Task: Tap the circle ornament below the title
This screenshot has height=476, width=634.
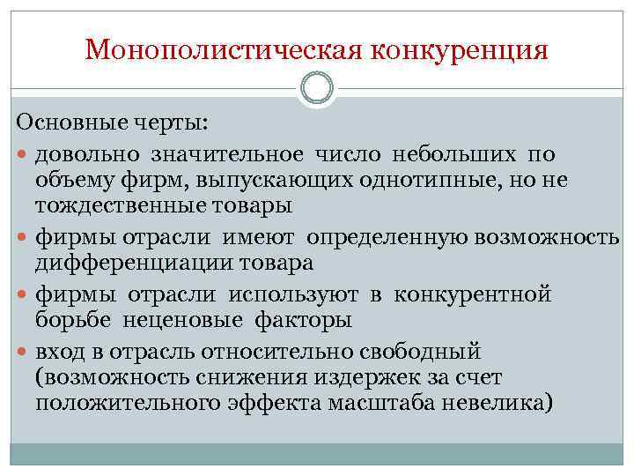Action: (317, 89)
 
